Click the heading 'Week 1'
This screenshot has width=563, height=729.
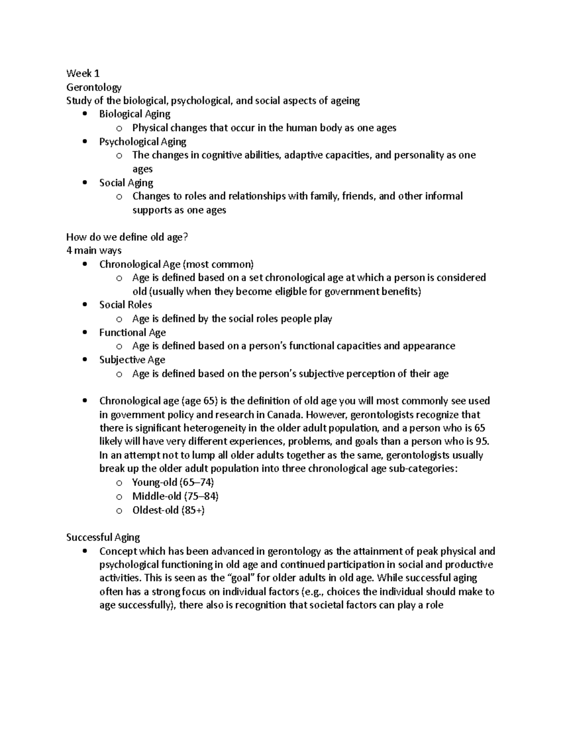(x=83, y=73)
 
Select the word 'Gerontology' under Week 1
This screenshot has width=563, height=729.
(x=94, y=87)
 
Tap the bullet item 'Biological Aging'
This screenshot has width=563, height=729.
(x=135, y=114)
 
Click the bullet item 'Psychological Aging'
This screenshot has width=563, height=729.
(x=143, y=141)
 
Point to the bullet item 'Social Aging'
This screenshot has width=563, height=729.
(x=126, y=183)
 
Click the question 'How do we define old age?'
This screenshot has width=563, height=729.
(x=127, y=237)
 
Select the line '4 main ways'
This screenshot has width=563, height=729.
(x=94, y=251)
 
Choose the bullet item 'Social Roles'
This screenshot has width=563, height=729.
(x=125, y=305)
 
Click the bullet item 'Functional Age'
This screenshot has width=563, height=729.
(x=132, y=333)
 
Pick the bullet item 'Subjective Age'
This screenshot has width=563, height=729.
(x=132, y=360)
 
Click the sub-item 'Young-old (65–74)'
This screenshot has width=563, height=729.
(x=173, y=483)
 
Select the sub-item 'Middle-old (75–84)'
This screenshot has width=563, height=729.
(x=175, y=496)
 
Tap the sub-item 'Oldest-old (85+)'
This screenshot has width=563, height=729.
(x=168, y=510)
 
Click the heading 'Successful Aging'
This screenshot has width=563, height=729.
(x=103, y=537)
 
